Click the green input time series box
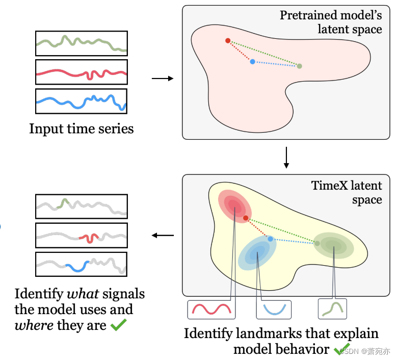tap(81, 43)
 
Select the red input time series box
tap(81, 72)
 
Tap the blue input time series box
tap(81, 101)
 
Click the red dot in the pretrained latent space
tap(228, 41)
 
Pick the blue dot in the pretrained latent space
tap(253, 62)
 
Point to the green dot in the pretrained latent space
tap(299, 66)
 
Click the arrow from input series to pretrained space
tap(163, 79)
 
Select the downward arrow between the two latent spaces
tap(286, 158)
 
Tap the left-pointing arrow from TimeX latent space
tap(163, 236)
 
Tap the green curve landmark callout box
tap(332, 308)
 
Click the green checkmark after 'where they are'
tap(119, 325)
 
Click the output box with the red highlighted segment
tap(81, 236)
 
